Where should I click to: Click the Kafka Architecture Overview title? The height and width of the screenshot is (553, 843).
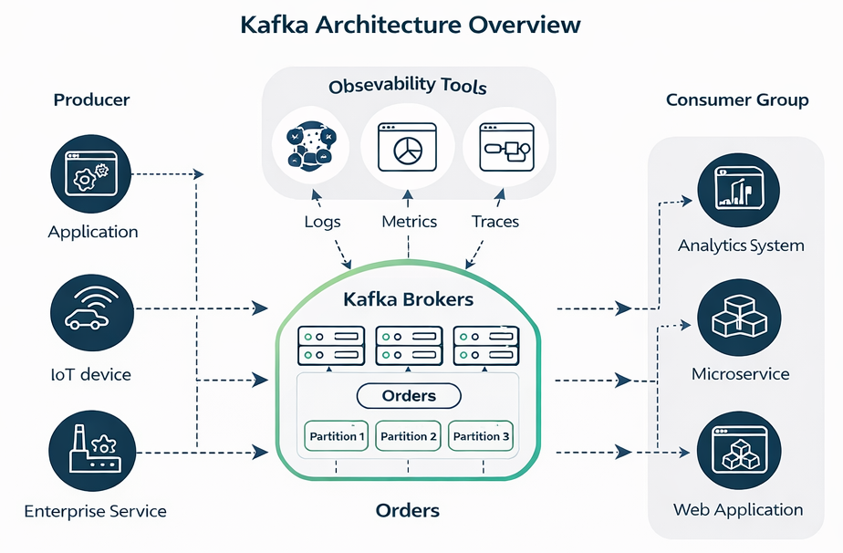click(x=410, y=25)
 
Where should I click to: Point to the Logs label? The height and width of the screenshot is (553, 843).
click(x=322, y=222)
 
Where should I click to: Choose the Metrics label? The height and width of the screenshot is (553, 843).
click(x=409, y=222)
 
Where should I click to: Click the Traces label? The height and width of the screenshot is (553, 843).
click(x=495, y=222)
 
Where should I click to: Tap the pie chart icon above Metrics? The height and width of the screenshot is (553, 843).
click(x=408, y=149)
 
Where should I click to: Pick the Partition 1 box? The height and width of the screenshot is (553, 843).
click(x=337, y=436)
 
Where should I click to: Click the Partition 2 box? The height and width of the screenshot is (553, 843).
click(x=409, y=436)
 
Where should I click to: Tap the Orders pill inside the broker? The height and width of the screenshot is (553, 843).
click(x=409, y=396)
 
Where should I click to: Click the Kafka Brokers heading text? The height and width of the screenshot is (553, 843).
click(x=408, y=298)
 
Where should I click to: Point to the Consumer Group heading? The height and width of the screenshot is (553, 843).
click(x=737, y=100)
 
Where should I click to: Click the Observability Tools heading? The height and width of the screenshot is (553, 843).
click(x=408, y=87)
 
